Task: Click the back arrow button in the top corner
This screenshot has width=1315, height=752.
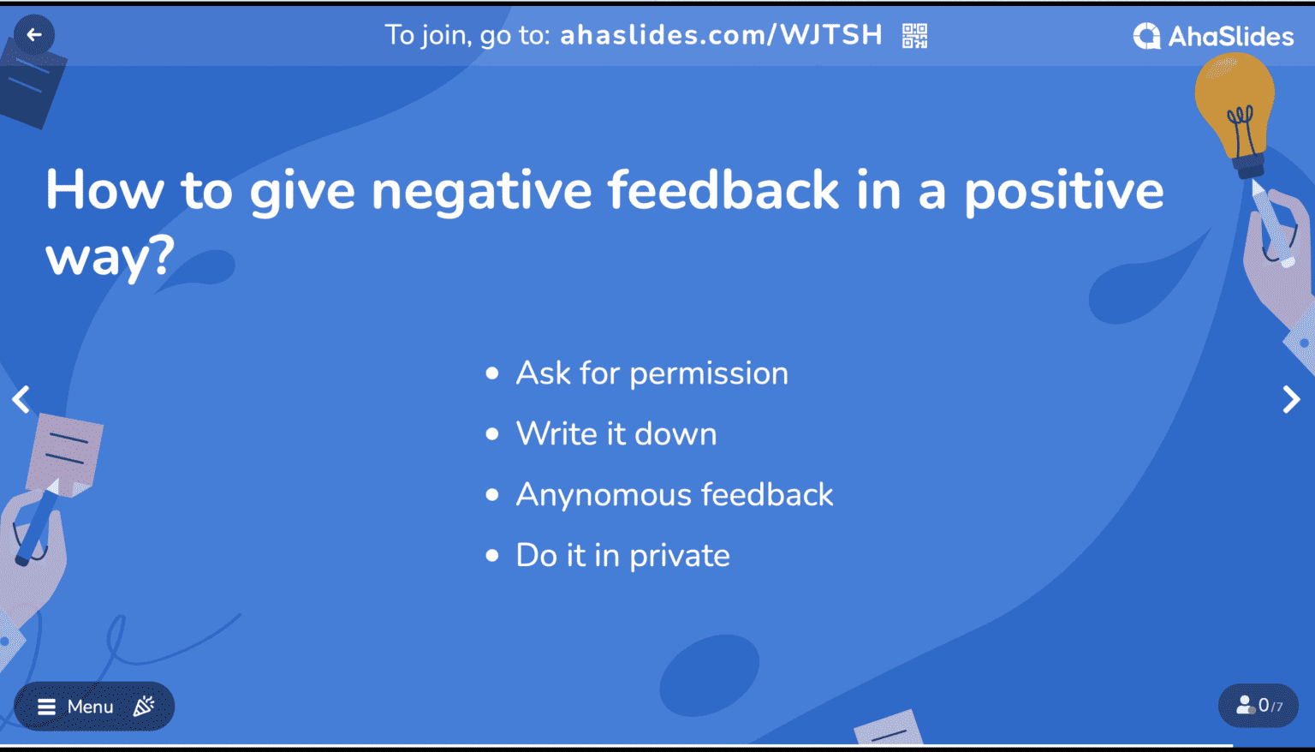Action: [34, 35]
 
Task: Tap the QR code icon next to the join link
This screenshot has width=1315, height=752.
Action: [914, 36]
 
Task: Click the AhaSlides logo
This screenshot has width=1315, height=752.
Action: [1213, 36]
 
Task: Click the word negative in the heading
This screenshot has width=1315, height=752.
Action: [481, 190]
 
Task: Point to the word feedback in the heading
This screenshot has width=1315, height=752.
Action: [723, 190]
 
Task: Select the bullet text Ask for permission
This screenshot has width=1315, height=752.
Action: [652, 373]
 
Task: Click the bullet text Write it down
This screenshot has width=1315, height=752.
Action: [616, 434]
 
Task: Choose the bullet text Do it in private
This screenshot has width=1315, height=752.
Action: [622, 556]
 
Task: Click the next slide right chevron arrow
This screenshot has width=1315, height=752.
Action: [1291, 399]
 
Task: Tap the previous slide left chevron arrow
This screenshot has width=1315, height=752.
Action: [21, 399]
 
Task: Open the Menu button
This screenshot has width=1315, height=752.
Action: [77, 707]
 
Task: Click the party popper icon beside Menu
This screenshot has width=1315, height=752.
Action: [144, 706]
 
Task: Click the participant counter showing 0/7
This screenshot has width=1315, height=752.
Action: [1258, 706]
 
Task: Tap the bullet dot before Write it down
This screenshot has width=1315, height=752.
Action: [492, 434]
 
